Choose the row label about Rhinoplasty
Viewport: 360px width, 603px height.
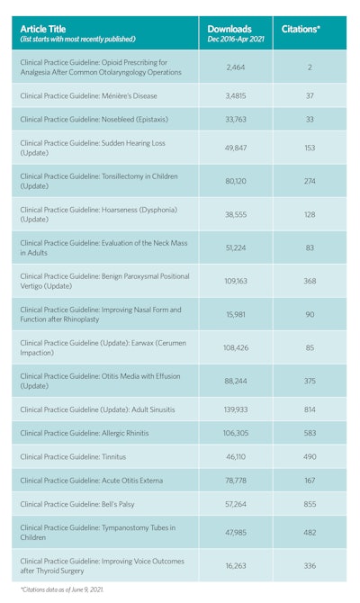pyautogui.click(x=99, y=314)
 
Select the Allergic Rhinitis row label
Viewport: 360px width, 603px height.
pyautogui.click(x=85, y=433)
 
